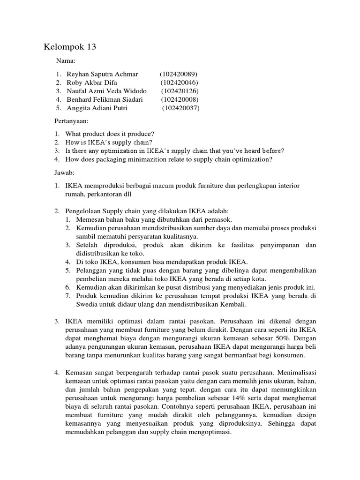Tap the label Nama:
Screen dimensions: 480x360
click(x=66, y=61)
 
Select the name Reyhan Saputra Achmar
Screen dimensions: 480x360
click(x=102, y=74)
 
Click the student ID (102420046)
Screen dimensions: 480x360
click(x=178, y=82)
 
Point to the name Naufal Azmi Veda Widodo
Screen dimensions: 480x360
click(x=106, y=91)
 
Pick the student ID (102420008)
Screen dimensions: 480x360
click(x=180, y=99)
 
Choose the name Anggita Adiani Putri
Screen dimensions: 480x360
click(x=97, y=108)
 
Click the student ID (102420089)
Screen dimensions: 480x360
click(x=179, y=74)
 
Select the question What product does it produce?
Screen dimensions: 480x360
click(x=110, y=134)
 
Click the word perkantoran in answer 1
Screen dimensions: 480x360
click(x=103, y=194)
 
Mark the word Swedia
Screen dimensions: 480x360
click(x=76, y=304)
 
